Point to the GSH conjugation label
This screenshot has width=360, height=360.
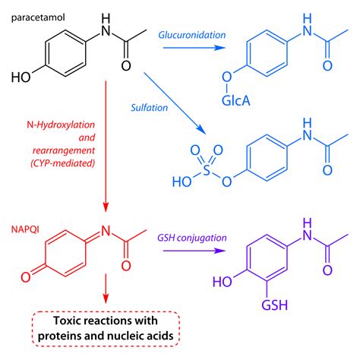[193, 237]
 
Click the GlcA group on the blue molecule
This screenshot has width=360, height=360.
[228, 99]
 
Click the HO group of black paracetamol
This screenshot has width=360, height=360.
[21, 76]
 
